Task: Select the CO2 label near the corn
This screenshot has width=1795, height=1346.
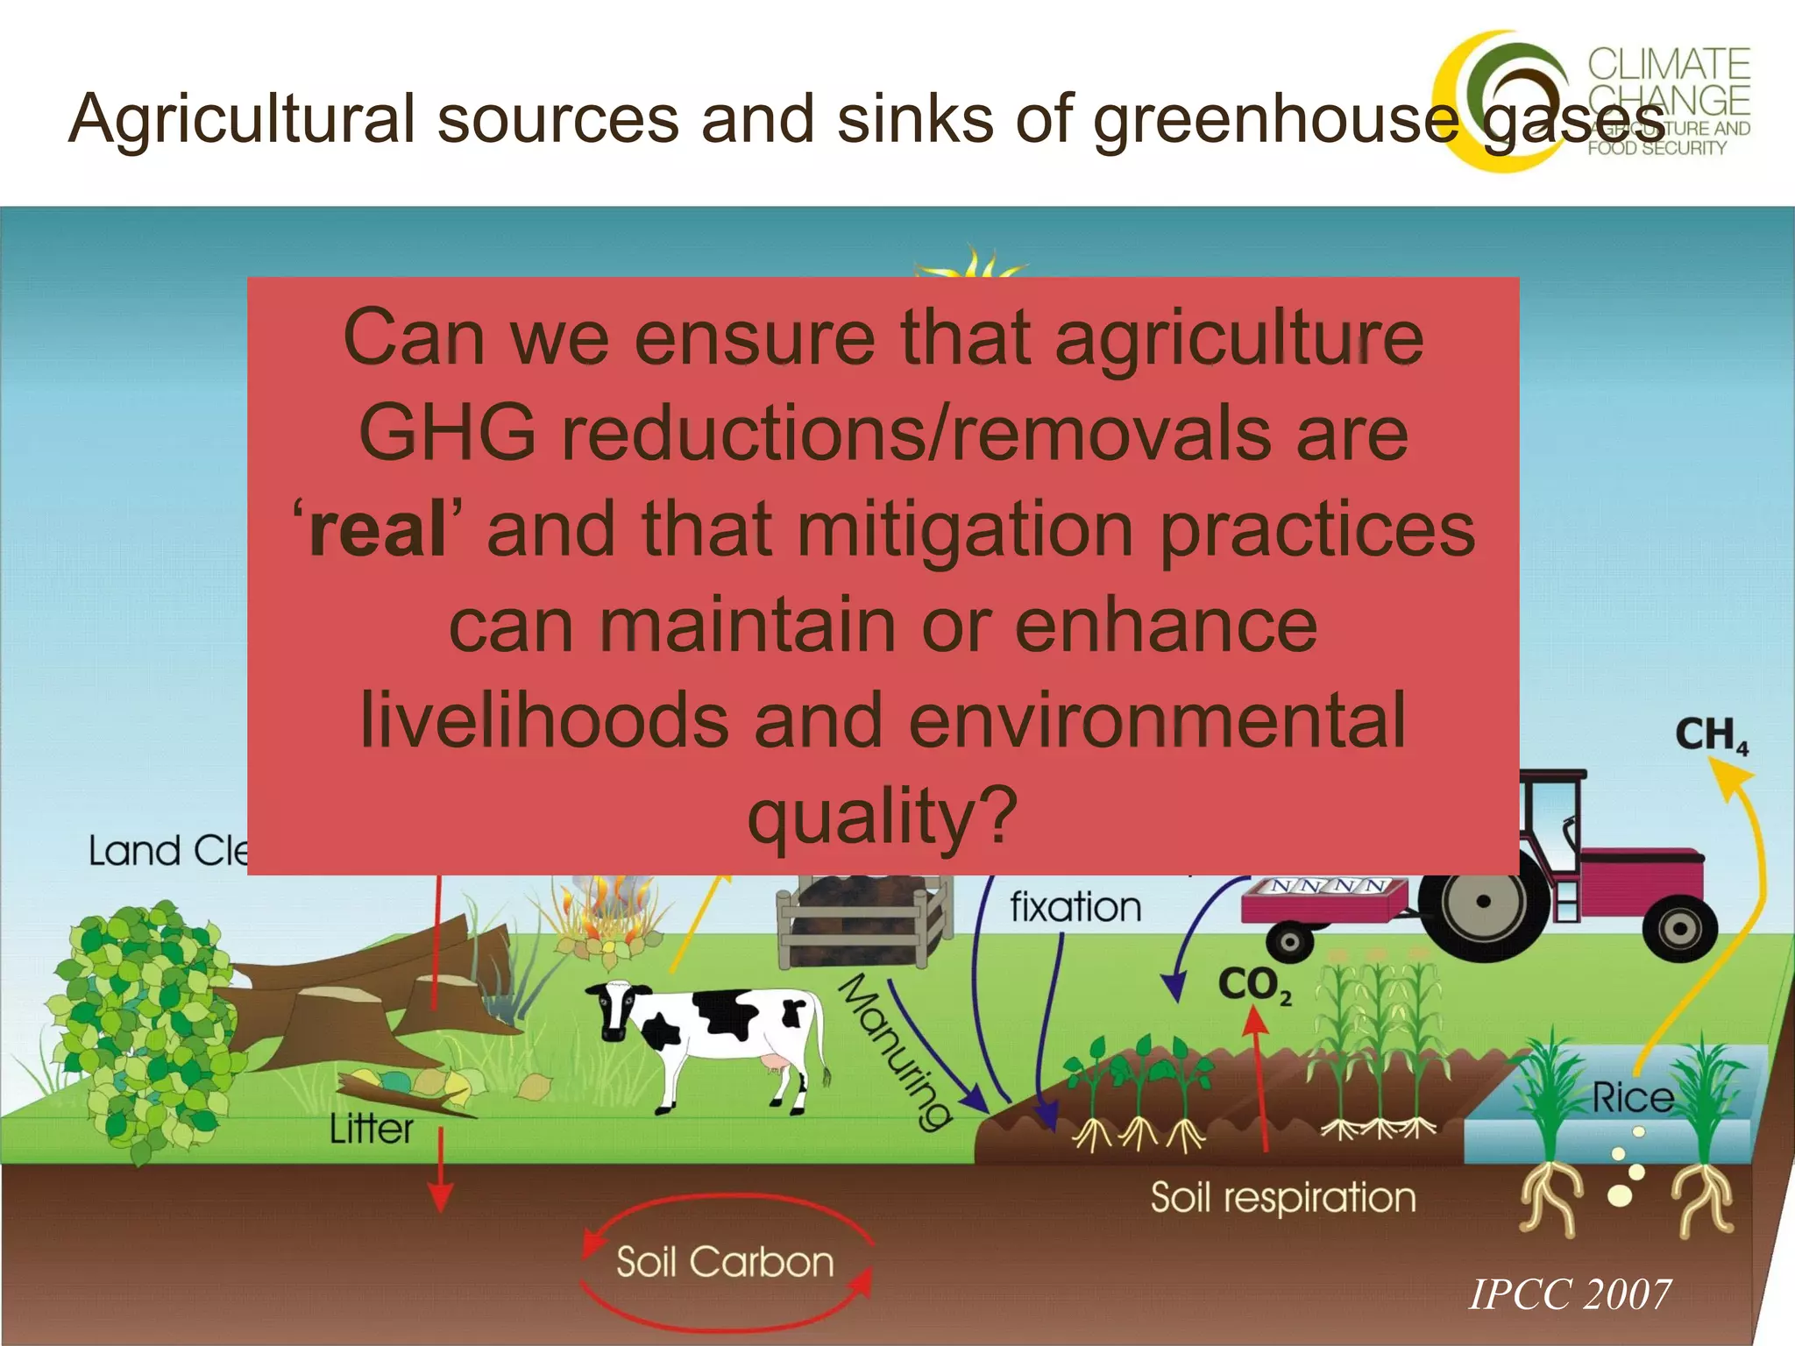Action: click(1254, 985)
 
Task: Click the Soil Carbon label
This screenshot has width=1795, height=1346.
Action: click(725, 1263)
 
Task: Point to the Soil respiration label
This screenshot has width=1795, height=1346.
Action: click(1283, 1198)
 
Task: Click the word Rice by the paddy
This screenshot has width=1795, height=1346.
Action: click(1632, 1098)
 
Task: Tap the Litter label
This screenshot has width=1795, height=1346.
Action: click(371, 1129)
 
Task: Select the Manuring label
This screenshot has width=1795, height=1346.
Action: click(894, 1052)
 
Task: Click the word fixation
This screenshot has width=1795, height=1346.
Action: click(1075, 907)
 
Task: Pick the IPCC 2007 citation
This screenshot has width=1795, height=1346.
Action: click(1569, 1294)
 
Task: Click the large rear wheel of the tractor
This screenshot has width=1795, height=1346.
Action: click(1483, 902)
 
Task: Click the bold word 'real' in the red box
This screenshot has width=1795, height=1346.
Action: click(378, 530)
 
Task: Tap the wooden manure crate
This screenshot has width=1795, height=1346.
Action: click(863, 920)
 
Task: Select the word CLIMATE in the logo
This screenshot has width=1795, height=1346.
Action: click(1669, 65)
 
